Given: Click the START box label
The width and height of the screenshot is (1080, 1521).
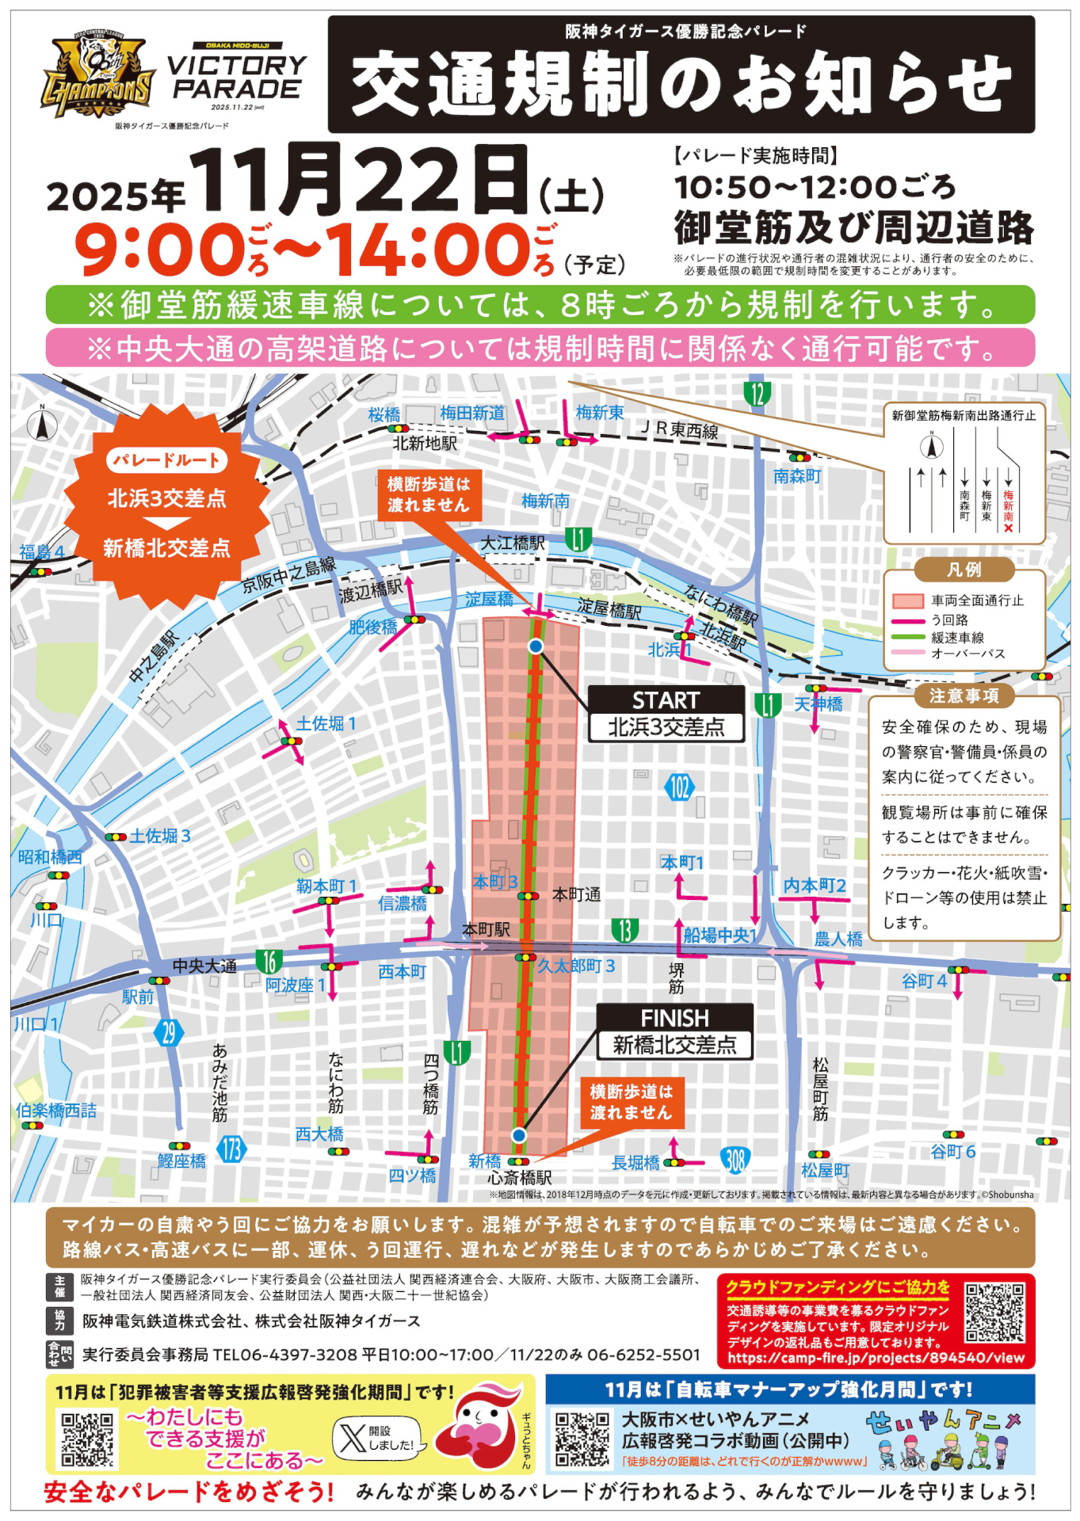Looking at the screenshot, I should click(x=666, y=700).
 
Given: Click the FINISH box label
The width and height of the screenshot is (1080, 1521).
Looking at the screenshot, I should click(x=674, y=1018).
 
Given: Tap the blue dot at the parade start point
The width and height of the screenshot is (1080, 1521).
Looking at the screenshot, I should click(x=536, y=646).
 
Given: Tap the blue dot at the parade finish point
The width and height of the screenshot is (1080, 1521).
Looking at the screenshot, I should click(x=519, y=1135).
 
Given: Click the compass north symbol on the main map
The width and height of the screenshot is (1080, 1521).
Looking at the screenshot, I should click(x=43, y=425).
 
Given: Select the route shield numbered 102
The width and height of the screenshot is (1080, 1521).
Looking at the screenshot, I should click(x=679, y=787).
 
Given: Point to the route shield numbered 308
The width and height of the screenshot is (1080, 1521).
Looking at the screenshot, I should click(x=735, y=1161).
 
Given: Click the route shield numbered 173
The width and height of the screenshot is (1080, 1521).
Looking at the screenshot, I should click(x=231, y=1149).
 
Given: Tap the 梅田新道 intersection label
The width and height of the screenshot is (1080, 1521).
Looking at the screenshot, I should click(x=472, y=413).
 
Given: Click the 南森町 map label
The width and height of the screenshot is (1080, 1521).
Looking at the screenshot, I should click(x=797, y=476).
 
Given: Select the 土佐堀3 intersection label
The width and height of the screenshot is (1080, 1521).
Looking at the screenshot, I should click(x=160, y=836).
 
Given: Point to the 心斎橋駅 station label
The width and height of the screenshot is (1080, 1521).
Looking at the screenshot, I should click(x=520, y=1178).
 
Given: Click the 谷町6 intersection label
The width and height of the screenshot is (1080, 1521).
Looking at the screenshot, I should click(x=953, y=1151).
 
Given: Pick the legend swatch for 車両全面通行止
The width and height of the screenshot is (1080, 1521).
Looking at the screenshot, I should click(x=907, y=601).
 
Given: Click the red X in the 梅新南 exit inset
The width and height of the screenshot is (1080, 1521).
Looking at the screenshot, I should click(x=1008, y=528).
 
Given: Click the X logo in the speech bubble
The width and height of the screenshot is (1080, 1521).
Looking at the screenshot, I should click(x=351, y=1437).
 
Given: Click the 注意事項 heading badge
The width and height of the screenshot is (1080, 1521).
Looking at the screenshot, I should click(x=964, y=696).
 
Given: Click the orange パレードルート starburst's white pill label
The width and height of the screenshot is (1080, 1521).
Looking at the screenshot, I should click(x=166, y=460).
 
